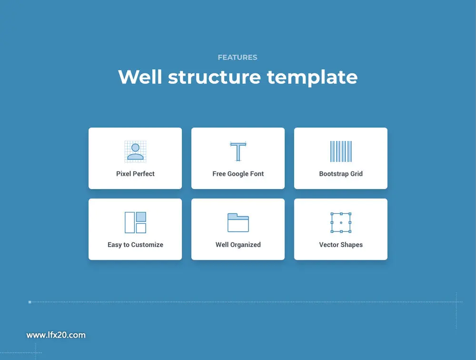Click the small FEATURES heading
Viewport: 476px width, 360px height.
pos(238,58)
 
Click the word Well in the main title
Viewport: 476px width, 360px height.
pos(140,77)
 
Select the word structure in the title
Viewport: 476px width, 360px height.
pos(214,77)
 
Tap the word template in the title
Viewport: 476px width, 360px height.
pos(312,78)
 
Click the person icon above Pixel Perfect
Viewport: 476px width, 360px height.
pos(135,151)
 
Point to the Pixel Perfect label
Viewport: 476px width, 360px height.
pos(135,174)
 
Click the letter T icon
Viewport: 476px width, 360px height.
pos(238,151)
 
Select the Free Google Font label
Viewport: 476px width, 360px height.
pos(238,174)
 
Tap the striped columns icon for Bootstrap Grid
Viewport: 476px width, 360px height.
pos(341,151)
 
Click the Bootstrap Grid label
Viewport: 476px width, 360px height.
pos(341,174)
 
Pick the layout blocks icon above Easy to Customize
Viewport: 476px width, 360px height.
pos(135,222)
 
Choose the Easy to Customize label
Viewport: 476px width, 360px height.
pos(135,245)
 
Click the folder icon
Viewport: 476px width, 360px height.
pos(238,223)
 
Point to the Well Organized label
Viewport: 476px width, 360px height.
pos(238,245)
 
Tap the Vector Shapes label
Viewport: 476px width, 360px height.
pos(341,245)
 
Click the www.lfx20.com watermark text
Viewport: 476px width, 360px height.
pos(56,335)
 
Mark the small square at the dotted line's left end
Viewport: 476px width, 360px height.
pos(30,302)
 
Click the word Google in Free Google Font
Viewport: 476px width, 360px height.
pos(238,174)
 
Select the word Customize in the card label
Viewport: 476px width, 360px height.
pos(147,245)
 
